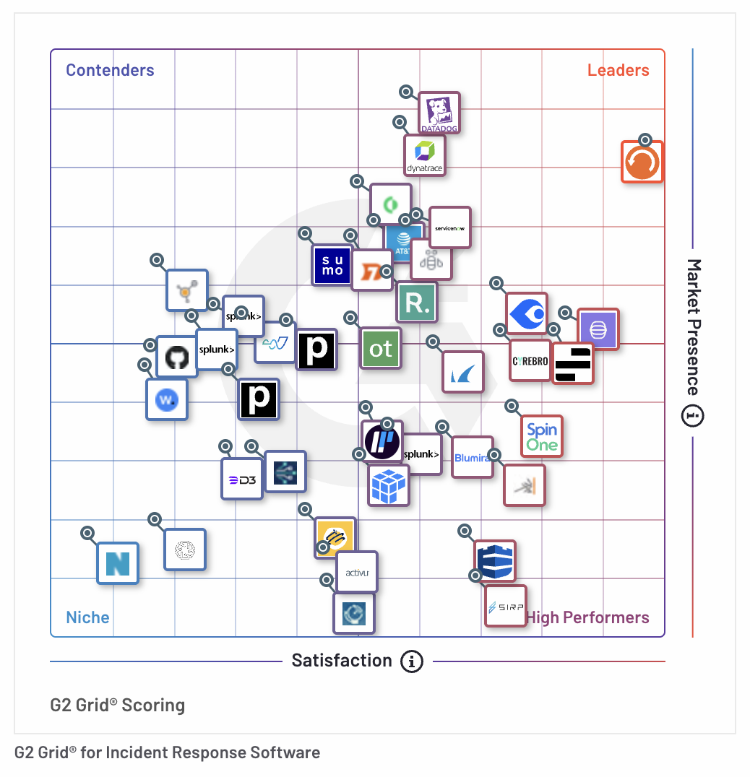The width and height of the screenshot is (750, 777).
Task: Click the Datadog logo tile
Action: click(440, 113)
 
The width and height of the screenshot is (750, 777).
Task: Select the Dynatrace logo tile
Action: click(425, 155)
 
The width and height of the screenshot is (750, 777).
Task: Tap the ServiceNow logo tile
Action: click(450, 227)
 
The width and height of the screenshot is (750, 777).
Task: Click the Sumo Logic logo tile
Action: click(332, 266)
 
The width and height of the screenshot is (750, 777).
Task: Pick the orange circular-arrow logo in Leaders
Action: click(642, 162)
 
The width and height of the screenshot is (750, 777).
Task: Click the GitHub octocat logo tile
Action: click(177, 357)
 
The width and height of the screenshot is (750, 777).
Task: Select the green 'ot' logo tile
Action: click(381, 349)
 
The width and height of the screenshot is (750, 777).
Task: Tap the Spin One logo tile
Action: click(542, 436)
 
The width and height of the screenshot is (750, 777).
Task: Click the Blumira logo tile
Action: click(473, 457)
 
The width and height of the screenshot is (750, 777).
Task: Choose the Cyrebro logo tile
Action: click(530, 360)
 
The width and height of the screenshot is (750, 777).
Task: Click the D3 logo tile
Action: click(241, 479)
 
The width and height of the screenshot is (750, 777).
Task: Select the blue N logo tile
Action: click(118, 563)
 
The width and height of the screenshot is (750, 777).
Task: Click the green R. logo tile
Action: click(417, 303)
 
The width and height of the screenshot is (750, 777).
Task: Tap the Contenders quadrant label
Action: click(110, 70)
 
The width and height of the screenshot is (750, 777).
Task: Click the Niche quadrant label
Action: click(87, 617)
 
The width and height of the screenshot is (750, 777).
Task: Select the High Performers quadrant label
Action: click(587, 617)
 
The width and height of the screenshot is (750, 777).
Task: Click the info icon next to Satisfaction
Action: click(412, 661)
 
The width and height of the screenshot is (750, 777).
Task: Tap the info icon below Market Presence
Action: click(693, 416)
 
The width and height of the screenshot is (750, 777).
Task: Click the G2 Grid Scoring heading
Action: click(118, 705)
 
